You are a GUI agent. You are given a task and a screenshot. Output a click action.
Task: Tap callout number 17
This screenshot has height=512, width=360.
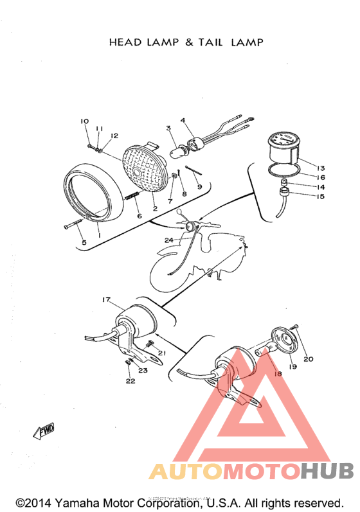107,300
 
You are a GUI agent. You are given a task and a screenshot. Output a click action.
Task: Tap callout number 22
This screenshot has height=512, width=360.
130,381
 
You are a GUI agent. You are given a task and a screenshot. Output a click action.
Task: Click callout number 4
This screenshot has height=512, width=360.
183,120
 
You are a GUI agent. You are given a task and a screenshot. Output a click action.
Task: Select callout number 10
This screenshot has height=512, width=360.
84,121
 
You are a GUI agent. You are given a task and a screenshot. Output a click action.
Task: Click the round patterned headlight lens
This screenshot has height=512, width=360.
144,171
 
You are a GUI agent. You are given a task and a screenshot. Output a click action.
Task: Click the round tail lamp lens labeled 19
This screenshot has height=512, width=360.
281,340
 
